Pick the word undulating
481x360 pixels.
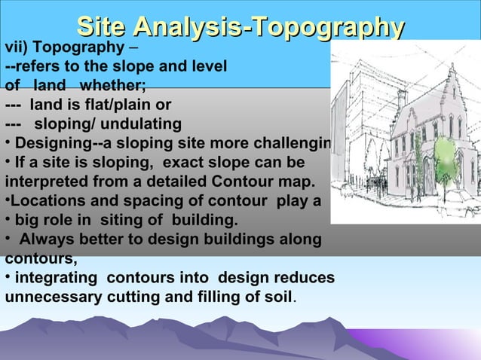(x=137, y=124)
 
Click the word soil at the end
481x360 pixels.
(x=277, y=297)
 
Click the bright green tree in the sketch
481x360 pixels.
(x=446, y=158)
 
